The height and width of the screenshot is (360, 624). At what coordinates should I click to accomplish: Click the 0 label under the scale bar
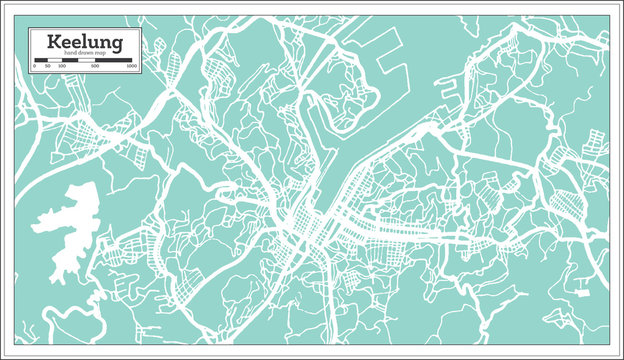click(34, 67)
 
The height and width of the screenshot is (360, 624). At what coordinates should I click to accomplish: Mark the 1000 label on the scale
click(132, 67)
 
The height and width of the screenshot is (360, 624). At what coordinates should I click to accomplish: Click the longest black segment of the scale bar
click(113, 60)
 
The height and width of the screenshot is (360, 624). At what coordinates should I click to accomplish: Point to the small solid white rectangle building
click(582, 293)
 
